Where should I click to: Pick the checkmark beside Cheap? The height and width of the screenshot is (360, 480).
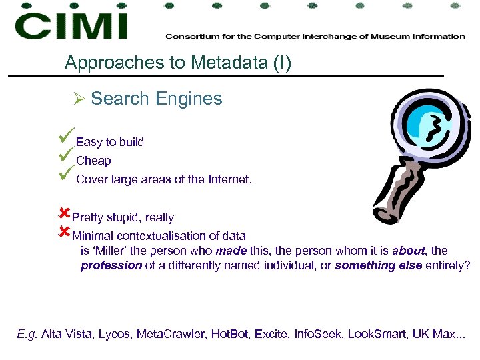point(66,156)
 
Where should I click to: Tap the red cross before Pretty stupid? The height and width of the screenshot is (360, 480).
point(64,214)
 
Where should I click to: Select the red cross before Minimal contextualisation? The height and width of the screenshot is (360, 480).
point(64,233)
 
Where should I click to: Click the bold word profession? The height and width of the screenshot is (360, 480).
point(111,265)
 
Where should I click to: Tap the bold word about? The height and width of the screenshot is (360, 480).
point(408,251)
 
